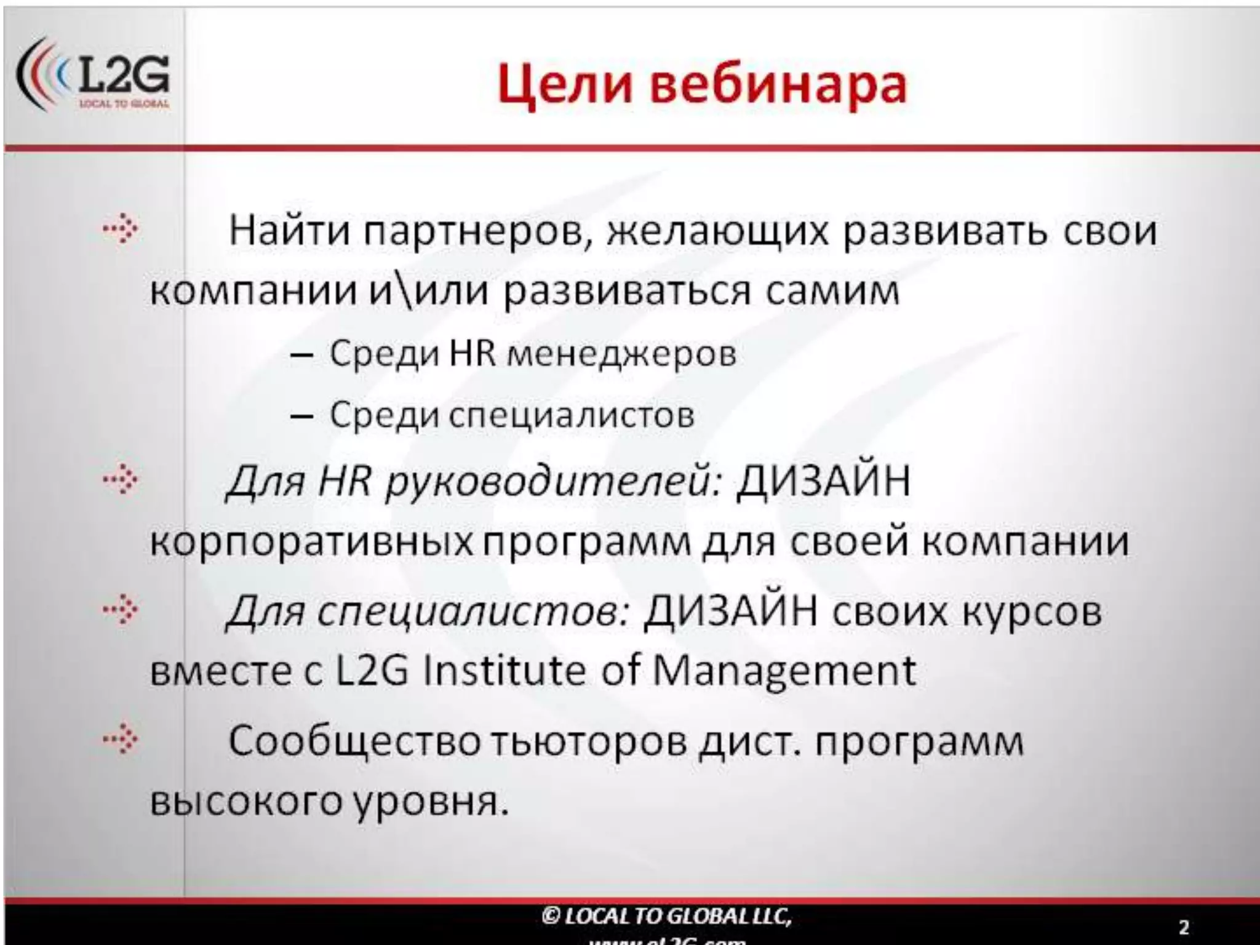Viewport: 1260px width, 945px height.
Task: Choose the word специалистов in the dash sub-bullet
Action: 572,416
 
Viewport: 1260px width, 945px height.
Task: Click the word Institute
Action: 504,670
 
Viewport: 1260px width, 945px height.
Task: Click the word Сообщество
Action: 354,741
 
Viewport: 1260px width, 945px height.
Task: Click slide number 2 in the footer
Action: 1184,927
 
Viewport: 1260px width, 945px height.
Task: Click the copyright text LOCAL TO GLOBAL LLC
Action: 667,917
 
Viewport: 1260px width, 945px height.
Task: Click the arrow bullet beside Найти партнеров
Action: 121,229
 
